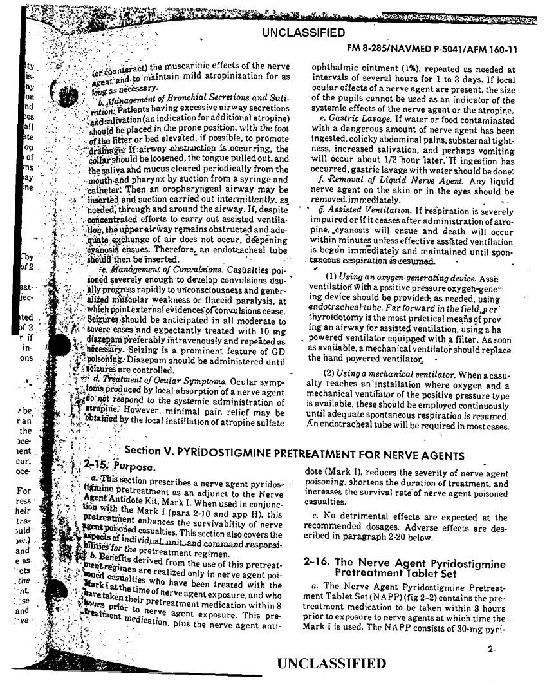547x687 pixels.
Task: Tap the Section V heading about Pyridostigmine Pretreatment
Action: pos(294,456)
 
